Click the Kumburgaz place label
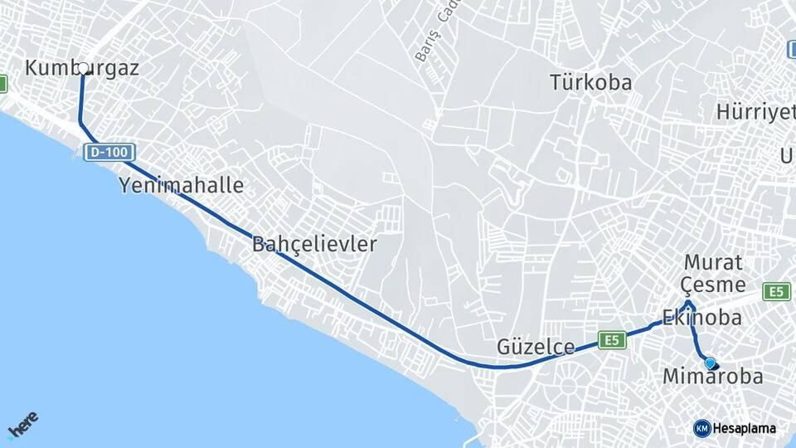[81, 68]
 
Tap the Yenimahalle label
[182, 185]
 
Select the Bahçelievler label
[314, 244]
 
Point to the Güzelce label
[536, 347]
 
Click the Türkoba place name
[590, 83]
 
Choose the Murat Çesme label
[712, 273]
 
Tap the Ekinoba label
[701, 318]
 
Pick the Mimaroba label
[712, 377]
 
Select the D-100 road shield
[109, 153]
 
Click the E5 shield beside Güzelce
[612, 340]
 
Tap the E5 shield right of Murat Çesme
[777, 291]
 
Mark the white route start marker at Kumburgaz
[83, 69]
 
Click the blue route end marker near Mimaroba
[710, 363]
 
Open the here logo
[22, 426]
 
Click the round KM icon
[701, 428]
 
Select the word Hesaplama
[745, 429]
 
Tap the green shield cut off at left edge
[3, 84]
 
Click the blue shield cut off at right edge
[792, 50]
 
